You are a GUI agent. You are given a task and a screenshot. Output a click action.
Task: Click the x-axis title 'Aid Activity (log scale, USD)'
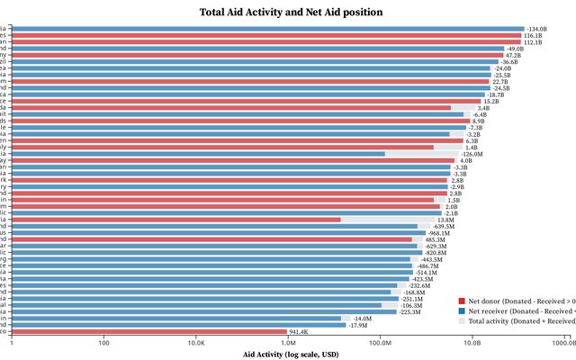click(291, 355)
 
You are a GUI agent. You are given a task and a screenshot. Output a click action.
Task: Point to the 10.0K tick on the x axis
click(196, 343)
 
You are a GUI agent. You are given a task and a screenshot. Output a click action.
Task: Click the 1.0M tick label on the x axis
click(288, 343)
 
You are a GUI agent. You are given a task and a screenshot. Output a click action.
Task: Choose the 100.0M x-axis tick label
click(380, 343)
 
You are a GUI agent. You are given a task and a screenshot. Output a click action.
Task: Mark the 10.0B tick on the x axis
click(472, 343)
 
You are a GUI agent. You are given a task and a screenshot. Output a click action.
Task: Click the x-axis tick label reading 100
click(104, 343)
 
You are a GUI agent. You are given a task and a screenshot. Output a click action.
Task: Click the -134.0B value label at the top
click(537, 29)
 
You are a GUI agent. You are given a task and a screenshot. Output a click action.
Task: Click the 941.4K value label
click(299, 332)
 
